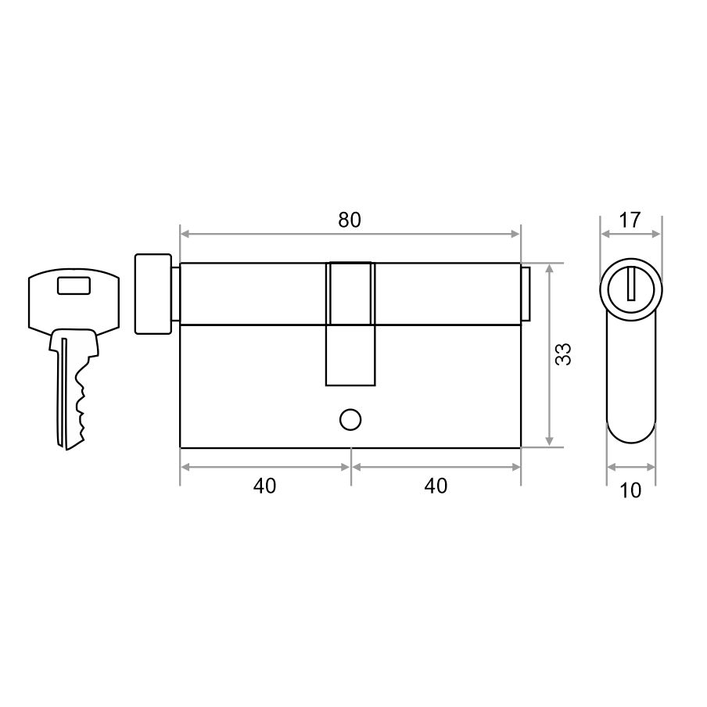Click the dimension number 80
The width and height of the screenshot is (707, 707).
click(350, 220)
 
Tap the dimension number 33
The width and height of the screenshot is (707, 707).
click(563, 354)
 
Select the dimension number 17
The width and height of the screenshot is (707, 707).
click(630, 220)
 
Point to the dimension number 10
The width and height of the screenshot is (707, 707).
click(630, 490)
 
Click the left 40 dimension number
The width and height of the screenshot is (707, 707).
click(264, 486)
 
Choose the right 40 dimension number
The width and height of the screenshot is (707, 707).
click(436, 486)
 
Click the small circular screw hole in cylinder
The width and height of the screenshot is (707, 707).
click(350, 420)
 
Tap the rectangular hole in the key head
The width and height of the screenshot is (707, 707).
click(74, 286)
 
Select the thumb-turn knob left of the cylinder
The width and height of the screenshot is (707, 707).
click(153, 294)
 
